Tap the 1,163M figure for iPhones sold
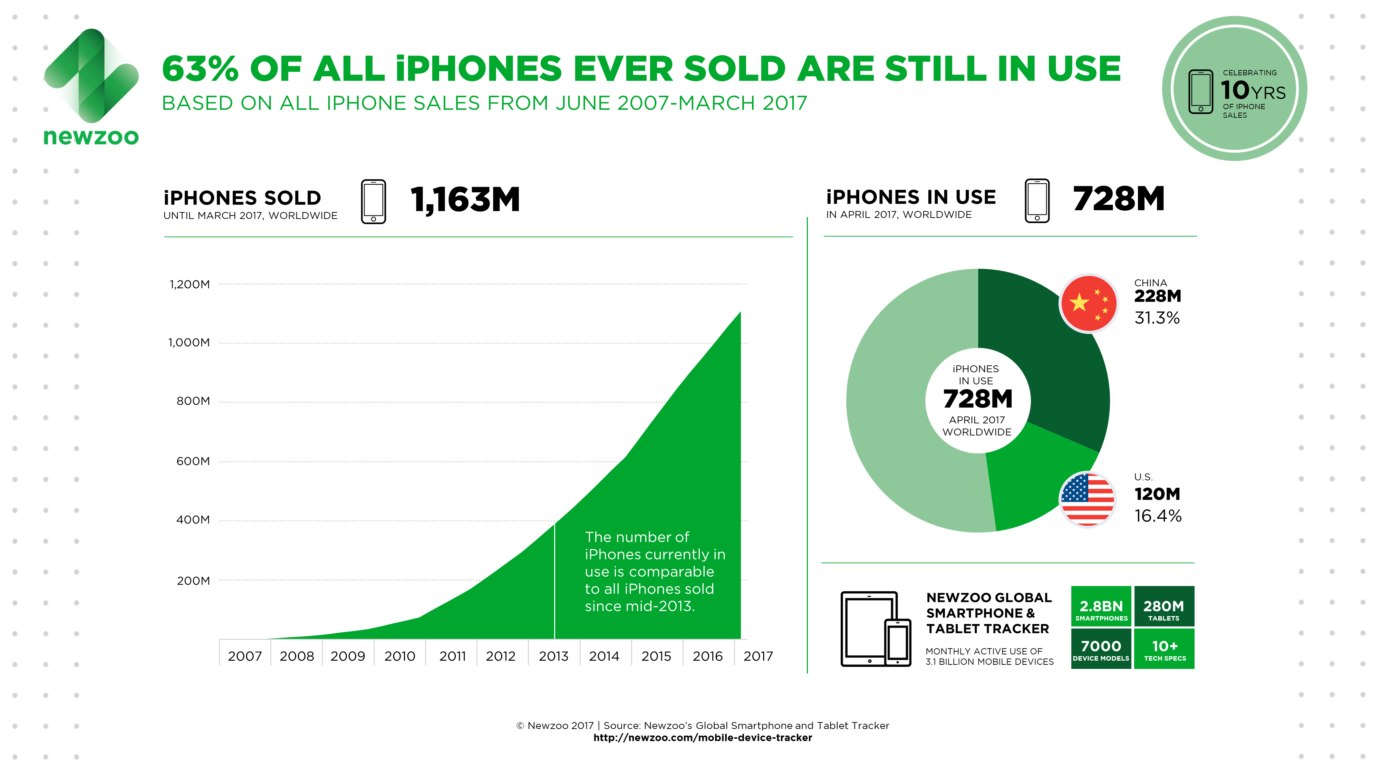click(x=465, y=200)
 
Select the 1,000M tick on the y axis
click(x=189, y=343)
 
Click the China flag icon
click(x=1088, y=304)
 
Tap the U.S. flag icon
click(x=1087, y=499)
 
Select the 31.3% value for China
click(x=1157, y=318)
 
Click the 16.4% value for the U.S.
click(x=1158, y=516)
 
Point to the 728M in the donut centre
click(x=978, y=399)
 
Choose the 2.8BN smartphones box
click(x=1101, y=606)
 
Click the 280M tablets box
click(x=1164, y=606)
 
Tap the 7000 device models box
click(x=1101, y=648)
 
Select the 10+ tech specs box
click(x=1165, y=648)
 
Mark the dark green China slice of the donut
click(x=1051, y=354)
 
